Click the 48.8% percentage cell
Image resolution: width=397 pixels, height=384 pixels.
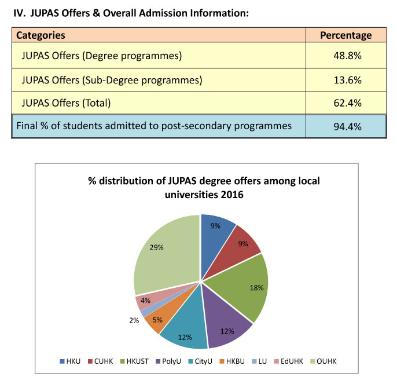coord(347,56)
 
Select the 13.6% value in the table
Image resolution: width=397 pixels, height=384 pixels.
coord(347,80)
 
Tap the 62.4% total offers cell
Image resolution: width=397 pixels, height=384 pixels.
coord(347,103)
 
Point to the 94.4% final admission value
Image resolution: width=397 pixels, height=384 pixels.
coord(347,126)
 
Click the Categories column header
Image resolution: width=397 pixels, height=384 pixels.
coord(41,35)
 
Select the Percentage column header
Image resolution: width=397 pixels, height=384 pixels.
coord(346,35)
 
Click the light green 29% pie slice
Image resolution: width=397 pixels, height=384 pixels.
coord(164,254)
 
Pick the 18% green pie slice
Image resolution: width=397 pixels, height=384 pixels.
coord(243,287)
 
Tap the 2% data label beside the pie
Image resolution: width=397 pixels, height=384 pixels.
coord(134,320)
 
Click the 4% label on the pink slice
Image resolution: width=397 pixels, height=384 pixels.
coord(145,301)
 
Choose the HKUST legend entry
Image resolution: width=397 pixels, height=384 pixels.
coord(135,361)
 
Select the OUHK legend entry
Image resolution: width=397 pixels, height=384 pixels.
coord(324,361)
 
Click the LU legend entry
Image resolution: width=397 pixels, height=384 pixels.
coord(259,361)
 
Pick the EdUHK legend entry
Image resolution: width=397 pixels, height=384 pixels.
coord(289,361)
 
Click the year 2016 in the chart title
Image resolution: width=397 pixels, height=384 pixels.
coord(232,195)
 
